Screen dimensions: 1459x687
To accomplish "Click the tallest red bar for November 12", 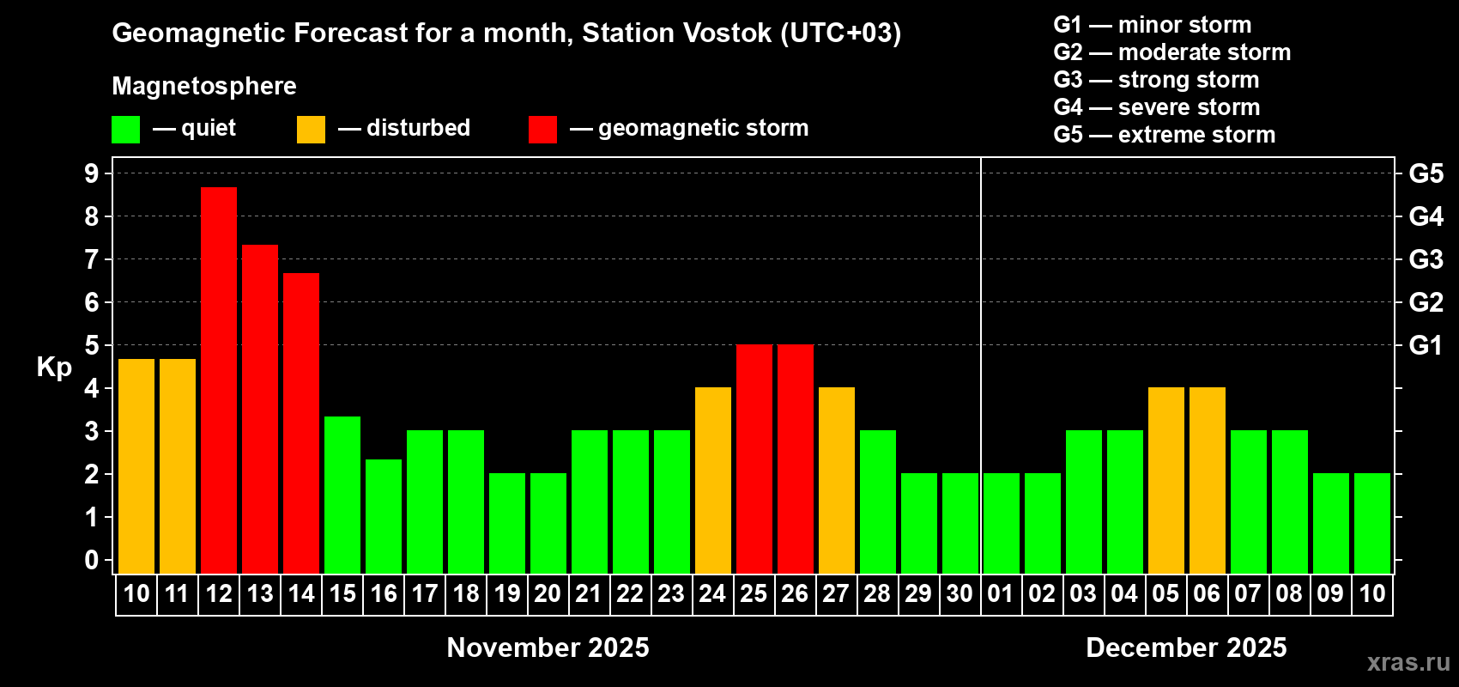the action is tap(219, 380).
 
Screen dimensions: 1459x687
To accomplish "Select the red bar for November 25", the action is tap(754, 459).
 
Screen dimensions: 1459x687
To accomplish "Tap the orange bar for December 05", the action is tap(1165, 480).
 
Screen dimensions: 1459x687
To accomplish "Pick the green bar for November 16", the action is tap(384, 516).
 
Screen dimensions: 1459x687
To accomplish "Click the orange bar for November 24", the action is tap(713, 480).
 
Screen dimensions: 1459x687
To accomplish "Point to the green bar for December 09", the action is tap(1330, 523).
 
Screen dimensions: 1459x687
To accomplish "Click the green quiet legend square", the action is tap(125, 129).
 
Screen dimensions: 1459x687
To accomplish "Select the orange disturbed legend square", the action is tap(311, 129).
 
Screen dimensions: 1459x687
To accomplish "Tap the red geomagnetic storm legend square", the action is tap(542, 129).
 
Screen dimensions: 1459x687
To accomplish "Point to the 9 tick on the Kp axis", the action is tap(91, 173).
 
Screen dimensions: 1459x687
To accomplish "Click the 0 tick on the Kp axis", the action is tap(91, 560).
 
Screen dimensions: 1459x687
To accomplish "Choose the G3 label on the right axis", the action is tap(1426, 259).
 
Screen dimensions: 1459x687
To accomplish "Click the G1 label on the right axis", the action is tap(1426, 345).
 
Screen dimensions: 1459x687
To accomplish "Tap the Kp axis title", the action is tap(54, 368).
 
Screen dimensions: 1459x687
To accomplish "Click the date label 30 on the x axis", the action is tap(960, 593).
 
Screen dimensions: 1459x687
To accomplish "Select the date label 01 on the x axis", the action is tap(1001, 593).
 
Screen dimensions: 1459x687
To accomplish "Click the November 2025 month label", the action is tap(548, 647).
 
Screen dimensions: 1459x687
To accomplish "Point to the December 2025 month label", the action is tap(1186, 647).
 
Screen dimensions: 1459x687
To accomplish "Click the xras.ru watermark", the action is tap(1409, 662).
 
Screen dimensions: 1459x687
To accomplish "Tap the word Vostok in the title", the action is tap(728, 33).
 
